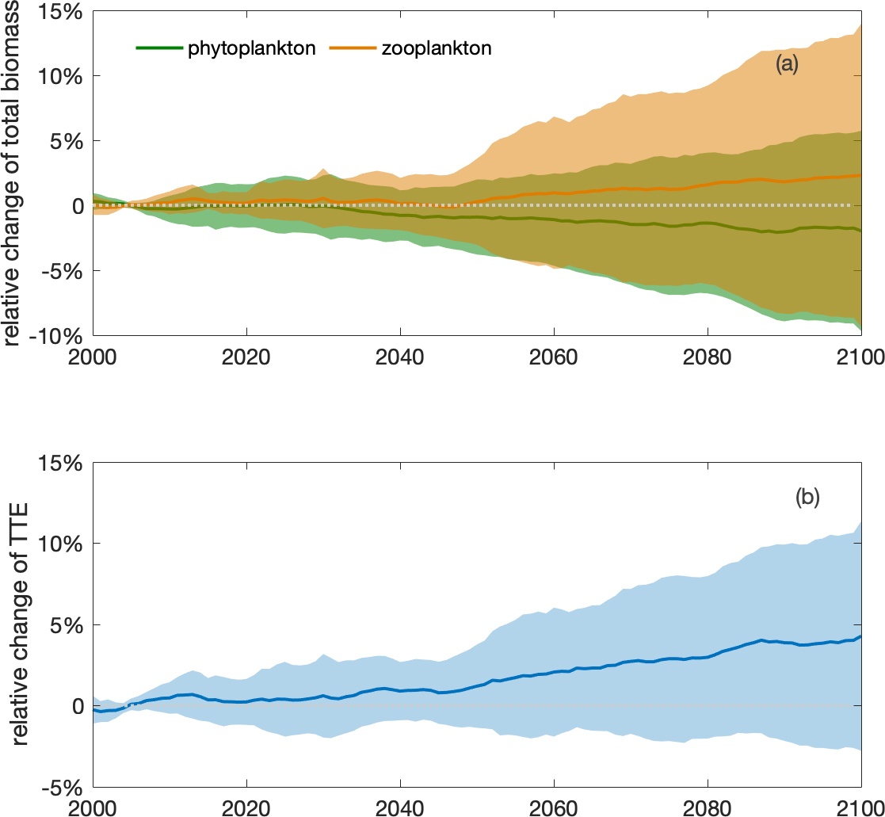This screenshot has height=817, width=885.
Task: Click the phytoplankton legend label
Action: coord(252,48)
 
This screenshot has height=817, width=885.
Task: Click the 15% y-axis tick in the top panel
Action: coord(65,12)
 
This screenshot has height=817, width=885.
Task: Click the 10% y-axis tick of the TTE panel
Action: coord(65,544)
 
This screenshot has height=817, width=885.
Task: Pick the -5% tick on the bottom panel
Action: coord(65,787)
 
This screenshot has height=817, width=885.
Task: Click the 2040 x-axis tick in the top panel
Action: coord(400,353)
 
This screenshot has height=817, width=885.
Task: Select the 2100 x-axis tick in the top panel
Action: coord(860,353)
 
